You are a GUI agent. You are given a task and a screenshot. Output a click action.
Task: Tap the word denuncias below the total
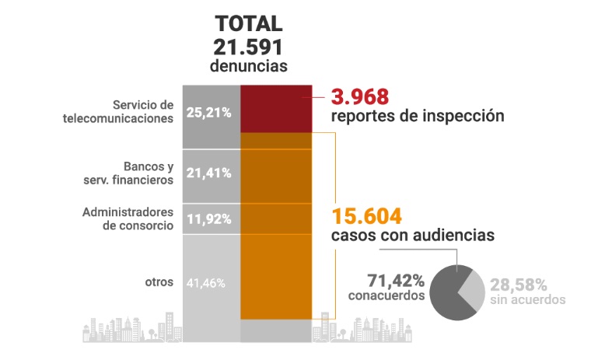click(x=249, y=66)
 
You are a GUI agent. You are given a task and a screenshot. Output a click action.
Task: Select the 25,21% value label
click(x=209, y=113)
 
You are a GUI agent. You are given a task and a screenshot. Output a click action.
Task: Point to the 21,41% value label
click(x=209, y=173)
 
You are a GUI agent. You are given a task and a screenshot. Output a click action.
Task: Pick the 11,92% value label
click(x=209, y=218)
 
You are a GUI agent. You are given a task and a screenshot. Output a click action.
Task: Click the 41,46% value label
click(x=206, y=283)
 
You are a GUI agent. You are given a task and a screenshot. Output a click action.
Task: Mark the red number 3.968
click(x=359, y=97)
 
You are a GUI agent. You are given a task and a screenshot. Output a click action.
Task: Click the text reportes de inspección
click(x=418, y=117)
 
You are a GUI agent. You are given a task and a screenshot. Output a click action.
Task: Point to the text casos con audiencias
click(x=414, y=235)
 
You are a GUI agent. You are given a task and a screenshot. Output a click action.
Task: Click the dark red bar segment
click(x=276, y=109)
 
